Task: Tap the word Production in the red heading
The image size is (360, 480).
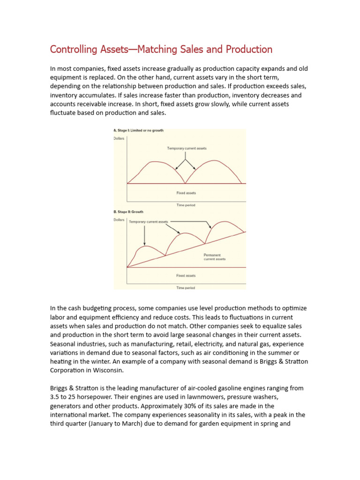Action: point(249,49)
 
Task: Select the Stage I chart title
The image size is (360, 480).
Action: point(139,130)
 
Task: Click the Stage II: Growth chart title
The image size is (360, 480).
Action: point(128,212)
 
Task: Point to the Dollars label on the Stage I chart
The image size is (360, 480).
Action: point(120,138)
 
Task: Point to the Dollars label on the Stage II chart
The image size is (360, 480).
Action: point(120,219)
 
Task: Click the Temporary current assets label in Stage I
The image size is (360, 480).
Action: point(187,149)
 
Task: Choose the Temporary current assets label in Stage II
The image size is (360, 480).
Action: point(149,222)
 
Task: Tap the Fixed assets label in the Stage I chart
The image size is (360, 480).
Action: point(186,193)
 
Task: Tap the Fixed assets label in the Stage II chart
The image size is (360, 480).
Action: point(186,276)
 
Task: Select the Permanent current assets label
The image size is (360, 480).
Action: point(214,257)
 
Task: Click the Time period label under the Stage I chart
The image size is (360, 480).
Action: point(186,205)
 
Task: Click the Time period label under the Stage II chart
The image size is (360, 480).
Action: point(186,287)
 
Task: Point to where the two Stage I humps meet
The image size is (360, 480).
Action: point(186,183)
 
